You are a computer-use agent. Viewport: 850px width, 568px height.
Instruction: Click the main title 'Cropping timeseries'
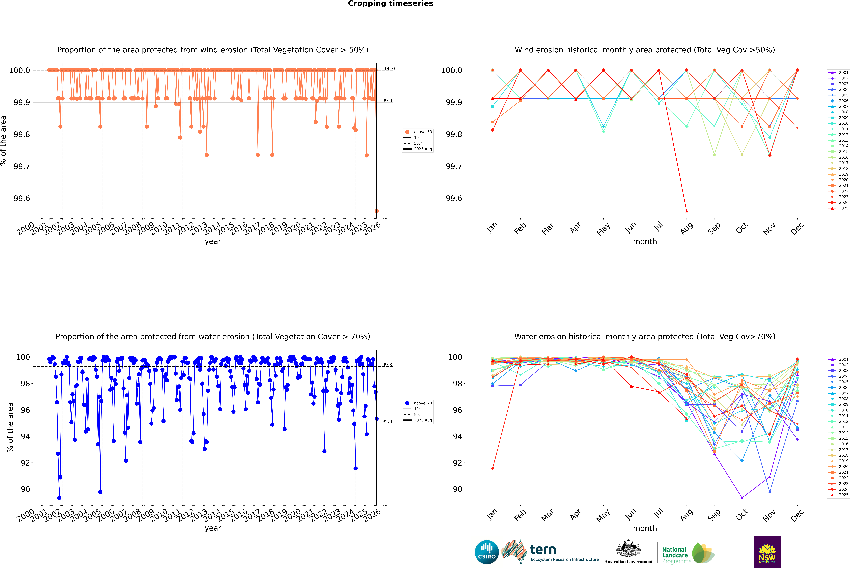(390, 4)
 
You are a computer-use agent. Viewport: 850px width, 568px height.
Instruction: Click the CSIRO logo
(487, 552)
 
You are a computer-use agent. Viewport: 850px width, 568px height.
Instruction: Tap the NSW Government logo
(767, 552)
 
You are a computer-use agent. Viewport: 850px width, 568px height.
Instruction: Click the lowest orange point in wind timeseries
(376, 211)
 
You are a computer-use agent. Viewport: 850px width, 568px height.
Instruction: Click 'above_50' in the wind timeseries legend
(422, 132)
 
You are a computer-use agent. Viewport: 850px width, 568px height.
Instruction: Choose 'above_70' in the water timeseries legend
(422, 403)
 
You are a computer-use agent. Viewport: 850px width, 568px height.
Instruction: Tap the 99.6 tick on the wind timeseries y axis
(22, 199)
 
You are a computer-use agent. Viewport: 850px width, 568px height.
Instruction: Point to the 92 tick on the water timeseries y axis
(25, 463)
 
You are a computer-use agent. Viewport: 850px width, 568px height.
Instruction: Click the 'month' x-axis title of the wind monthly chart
(645, 242)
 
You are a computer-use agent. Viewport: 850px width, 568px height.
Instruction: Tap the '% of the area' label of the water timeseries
(10, 427)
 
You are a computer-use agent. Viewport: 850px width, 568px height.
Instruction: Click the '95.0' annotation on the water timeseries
(387, 421)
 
